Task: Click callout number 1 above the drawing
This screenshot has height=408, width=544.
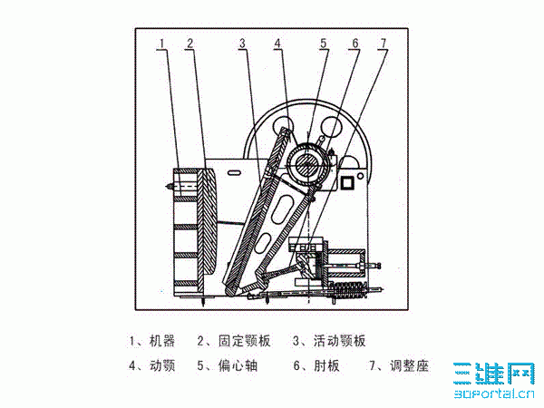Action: click(x=161, y=44)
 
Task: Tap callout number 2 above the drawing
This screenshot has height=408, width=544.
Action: click(x=189, y=44)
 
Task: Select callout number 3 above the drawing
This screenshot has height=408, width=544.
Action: click(x=242, y=44)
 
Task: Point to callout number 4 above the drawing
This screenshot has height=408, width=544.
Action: click(x=277, y=44)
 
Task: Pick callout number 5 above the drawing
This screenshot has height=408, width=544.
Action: click(x=324, y=44)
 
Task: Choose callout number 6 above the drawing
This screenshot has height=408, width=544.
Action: click(x=355, y=44)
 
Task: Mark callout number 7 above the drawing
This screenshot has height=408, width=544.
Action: click(x=383, y=44)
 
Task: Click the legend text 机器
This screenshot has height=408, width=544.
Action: click(x=162, y=341)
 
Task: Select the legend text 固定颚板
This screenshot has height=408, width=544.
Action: click(x=244, y=341)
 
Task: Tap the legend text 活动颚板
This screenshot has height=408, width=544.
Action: click(x=340, y=341)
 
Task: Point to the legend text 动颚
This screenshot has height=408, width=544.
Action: click(x=162, y=365)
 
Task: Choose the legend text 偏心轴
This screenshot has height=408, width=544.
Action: click(x=238, y=365)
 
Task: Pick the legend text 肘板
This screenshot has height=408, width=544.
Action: click(x=326, y=365)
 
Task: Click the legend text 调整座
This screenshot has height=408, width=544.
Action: click(x=410, y=365)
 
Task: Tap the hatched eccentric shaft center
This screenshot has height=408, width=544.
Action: click(x=306, y=165)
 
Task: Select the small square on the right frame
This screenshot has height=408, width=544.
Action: click(x=347, y=182)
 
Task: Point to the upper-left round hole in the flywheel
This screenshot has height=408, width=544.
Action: click(x=282, y=126)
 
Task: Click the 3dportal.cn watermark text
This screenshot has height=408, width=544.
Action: click(x=494, y=393)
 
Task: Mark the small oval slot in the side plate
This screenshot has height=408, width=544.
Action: click(x=235, y=172)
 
